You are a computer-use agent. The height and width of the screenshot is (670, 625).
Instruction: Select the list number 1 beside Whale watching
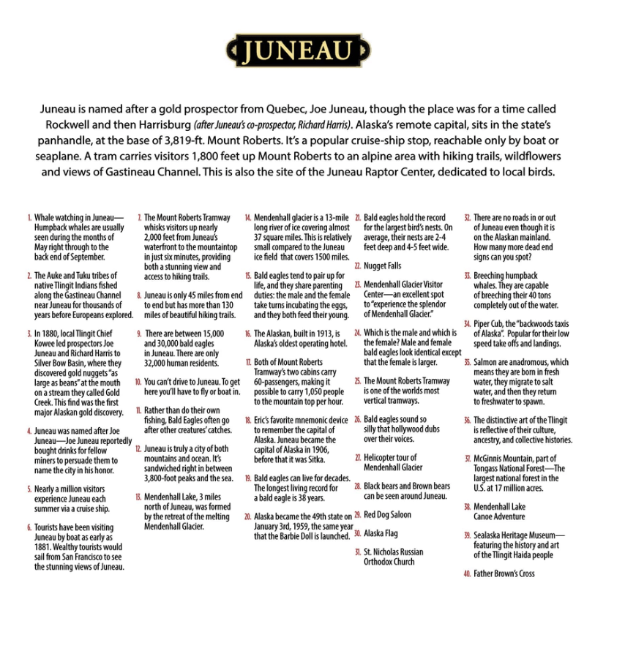(x=29, y=218)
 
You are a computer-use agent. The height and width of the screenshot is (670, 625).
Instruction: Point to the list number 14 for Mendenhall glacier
(x=248, y=218)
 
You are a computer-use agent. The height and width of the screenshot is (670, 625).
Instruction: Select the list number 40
(x=467, y=573)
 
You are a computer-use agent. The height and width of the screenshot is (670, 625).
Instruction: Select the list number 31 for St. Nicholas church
(x=357, y=552)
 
